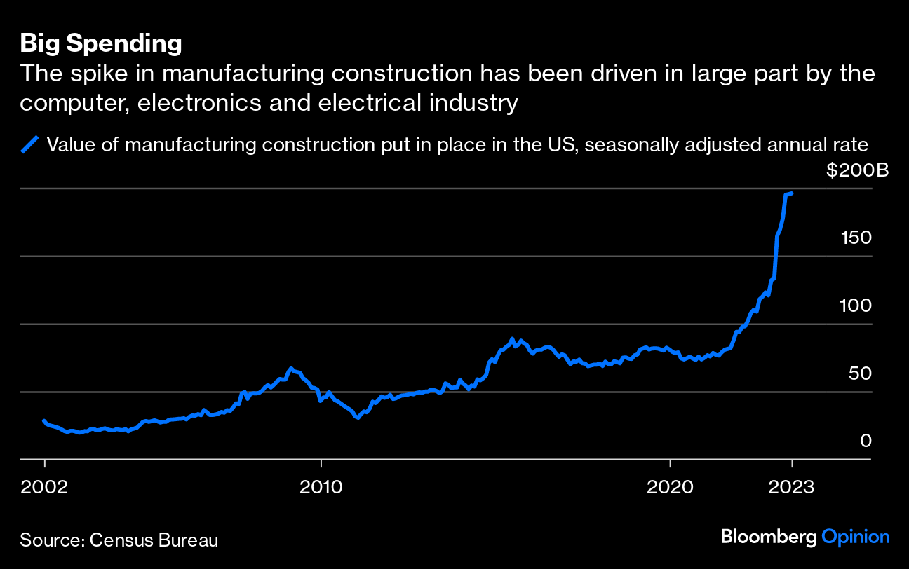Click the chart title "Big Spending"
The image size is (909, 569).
point(101,43)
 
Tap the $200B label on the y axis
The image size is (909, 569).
point(856,170)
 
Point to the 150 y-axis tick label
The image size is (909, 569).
point(856,238)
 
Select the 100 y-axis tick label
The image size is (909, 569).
point(856,306)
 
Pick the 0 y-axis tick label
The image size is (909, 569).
point(866,441)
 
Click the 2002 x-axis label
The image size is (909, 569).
point(45,486)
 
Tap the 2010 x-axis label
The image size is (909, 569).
point(321,486)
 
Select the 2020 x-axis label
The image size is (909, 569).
point(671,486)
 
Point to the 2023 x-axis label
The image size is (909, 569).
point(792,486)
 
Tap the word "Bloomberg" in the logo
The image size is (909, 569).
point(769,537)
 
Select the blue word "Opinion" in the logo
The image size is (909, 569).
point(856,537)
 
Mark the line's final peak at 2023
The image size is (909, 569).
point(791,193)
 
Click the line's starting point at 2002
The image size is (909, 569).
point(44,421)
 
